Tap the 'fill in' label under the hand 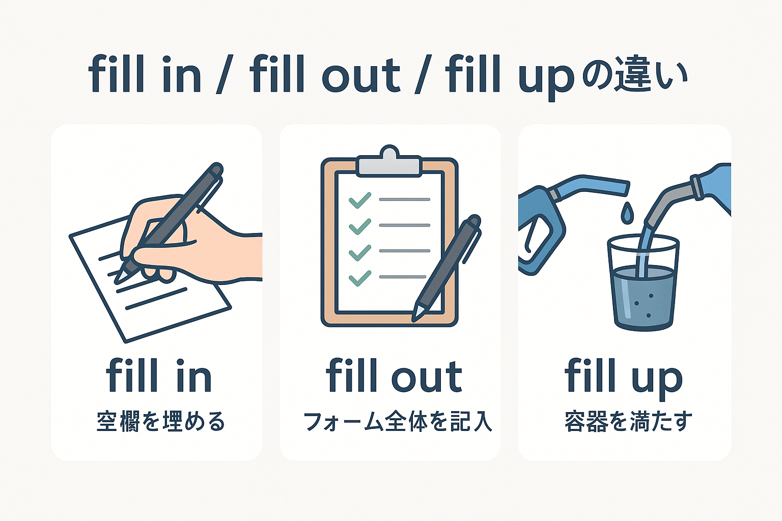click(158, 376)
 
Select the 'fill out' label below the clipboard click(394, 376)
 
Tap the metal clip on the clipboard click(389, 162)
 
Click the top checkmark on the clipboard click(359, 200)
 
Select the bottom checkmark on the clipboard click(359, 278)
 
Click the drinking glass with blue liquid click(644, 287)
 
